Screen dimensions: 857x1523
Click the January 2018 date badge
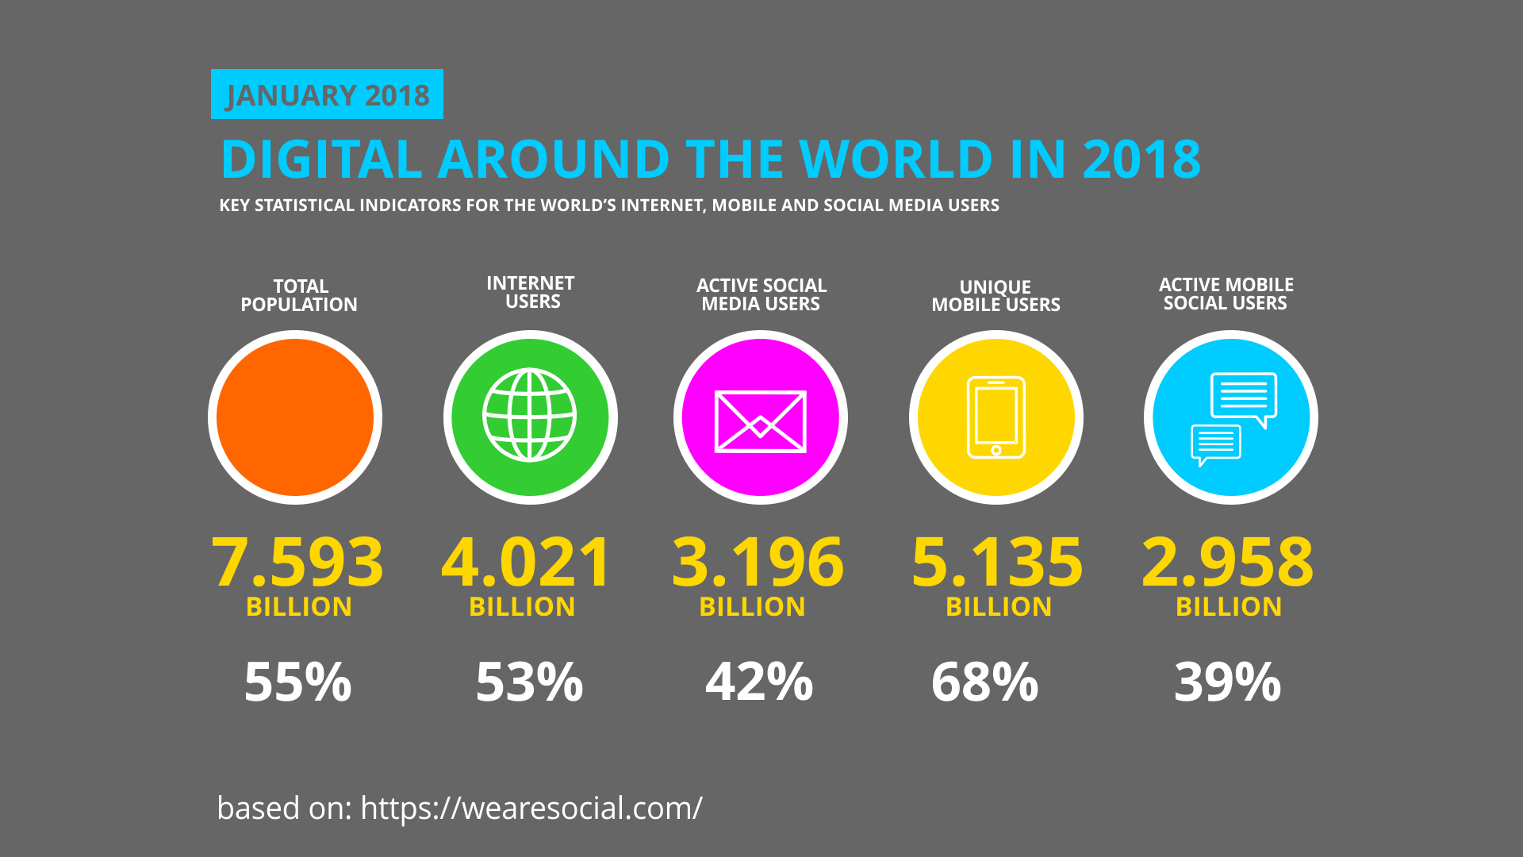click(x=327, y=94)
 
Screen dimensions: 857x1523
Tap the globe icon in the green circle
click(x=530, y=415)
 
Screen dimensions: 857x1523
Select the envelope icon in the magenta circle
click(x=760, y=421)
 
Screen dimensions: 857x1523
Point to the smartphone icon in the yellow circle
click(x=996, y=417)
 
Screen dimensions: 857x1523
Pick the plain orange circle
click(x=295, y=417)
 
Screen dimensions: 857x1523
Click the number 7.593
click(x=297, y=562)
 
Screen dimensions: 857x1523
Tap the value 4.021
click(x=526, y=562)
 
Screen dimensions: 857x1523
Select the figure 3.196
click(x=758, y=562)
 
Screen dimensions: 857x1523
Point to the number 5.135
click(x=997, y=562)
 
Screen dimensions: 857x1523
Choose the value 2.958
click(x=1227, y=562)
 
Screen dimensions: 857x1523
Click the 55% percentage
click(x=297, y=682)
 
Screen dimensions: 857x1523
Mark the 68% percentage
click(x=984, y=682)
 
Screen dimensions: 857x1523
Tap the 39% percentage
click(x=1227, y=682)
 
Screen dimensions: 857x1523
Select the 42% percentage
click(x=759, y=682)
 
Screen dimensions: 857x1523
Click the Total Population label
click(x=299, y=295)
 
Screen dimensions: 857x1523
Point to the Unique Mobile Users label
click(x=996, y=296)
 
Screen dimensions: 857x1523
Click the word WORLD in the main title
click(x=896, y=159)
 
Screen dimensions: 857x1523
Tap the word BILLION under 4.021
click(x=522, y=607)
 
